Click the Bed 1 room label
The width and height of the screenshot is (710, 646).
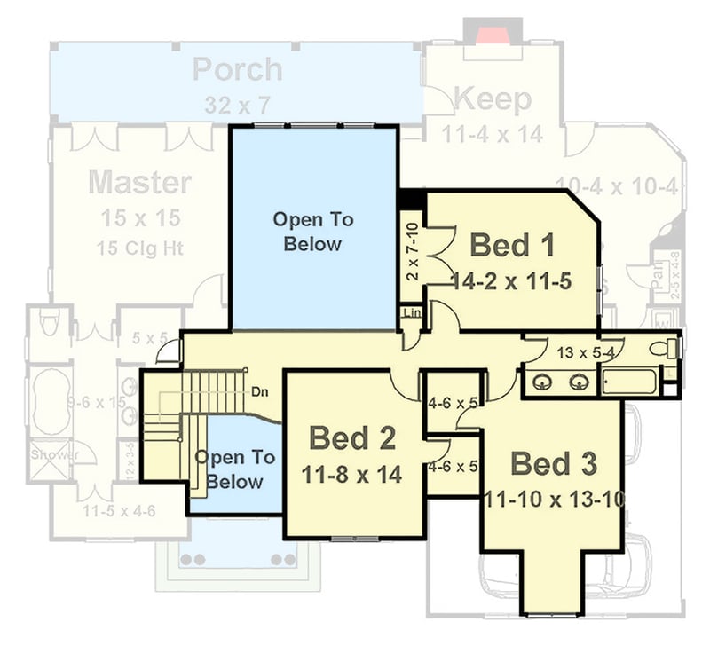pos(512,244)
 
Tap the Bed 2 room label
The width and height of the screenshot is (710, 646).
pos(352,437)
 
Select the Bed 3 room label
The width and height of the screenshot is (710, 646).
pos(554,463)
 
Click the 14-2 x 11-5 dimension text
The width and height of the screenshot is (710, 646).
pos(510,282)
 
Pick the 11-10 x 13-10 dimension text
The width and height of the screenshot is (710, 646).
pos(554,500)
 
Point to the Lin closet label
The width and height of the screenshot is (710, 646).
pos(411,312)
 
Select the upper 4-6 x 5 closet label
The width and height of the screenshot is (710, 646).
pos(453,402)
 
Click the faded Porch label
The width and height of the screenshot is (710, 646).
pos(238,69)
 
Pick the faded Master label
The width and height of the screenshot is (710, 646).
pos(140,183)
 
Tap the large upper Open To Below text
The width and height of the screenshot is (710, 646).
pos(312,231)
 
